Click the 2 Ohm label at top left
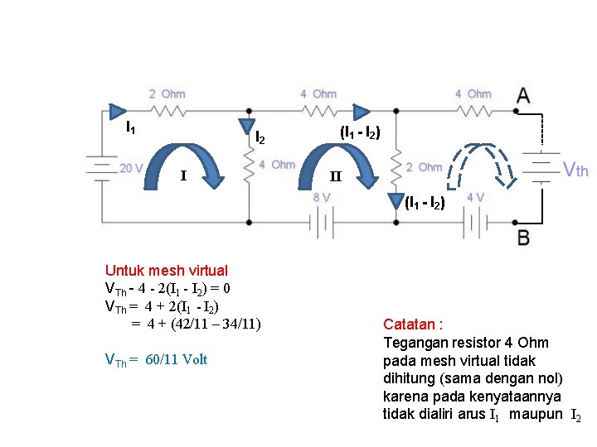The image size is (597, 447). click(167, 94)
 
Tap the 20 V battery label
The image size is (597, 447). click(131, 168)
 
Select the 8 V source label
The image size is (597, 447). click(321, 198)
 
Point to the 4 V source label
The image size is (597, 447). click(476, 198)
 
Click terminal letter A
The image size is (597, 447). click(524, 94)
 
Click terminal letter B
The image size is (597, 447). click(524, 238)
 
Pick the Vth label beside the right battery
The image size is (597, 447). click(575, 170)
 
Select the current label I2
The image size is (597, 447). click(260, 137)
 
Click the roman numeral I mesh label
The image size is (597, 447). click(183, 175)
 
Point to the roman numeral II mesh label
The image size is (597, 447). click(335, 176)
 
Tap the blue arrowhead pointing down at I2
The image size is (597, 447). click(248, 124)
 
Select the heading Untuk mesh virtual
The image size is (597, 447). click(166, 270)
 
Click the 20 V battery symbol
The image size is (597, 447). click(101, 167)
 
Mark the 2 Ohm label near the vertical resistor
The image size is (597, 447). click(424, 167)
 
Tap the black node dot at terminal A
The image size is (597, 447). click(517, 110)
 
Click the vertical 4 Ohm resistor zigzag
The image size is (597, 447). click(248, 169)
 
